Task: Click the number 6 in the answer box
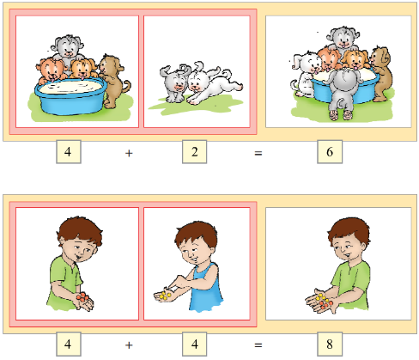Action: coord(330,152)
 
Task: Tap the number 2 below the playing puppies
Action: coord(194,152)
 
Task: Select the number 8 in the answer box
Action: coord(330,344)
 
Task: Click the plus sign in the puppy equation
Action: coord(129,154)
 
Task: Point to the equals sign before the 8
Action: coord(258,345)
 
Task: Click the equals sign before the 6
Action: coord(258,154)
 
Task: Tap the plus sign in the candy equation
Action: coord(129,345)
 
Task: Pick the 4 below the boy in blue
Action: coord(195,344)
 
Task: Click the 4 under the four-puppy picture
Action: coord(68,152)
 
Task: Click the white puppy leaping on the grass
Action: coord(213,83)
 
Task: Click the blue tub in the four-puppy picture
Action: coord(70,97)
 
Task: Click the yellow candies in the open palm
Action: coord(165,295)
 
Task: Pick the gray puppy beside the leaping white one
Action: coord(174,83)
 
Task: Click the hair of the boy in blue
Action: coord(197,235)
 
